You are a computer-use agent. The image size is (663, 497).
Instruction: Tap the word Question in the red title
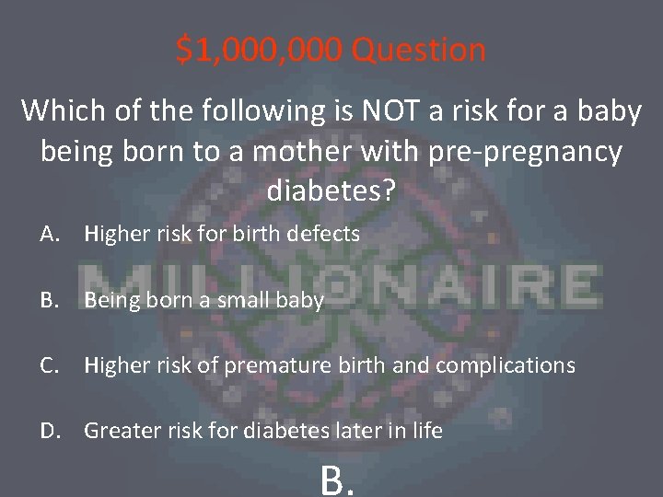(419, 50)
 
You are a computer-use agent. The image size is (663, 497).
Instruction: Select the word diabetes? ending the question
(331, 191)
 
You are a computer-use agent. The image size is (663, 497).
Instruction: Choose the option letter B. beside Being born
(51, 300)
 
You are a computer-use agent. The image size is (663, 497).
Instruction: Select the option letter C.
(51, 365)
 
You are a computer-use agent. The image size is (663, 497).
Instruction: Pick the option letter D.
(52, 430)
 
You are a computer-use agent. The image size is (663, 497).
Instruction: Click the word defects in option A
(323, 235)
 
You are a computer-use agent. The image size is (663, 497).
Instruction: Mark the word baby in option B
(302, 300)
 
